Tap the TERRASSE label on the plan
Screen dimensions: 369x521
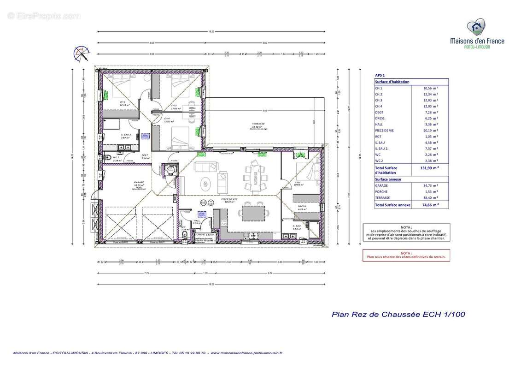tap(258, 124)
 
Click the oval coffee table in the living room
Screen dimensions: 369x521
tap(205, 184)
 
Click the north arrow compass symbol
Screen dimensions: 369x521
tap(82, 54)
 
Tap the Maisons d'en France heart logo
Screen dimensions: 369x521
tap(476, 27)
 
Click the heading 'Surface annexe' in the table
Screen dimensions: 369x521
tap(388, 179)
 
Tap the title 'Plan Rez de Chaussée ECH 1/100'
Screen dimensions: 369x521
tap(398, 315)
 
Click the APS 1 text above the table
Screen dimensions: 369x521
tap(380, 75)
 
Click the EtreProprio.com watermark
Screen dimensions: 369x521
tap(44, 16)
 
